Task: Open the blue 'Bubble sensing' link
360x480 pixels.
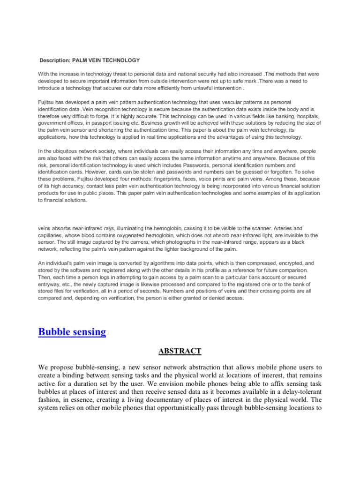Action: coord(72,332)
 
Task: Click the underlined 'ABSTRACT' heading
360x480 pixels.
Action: coord(180,351)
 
